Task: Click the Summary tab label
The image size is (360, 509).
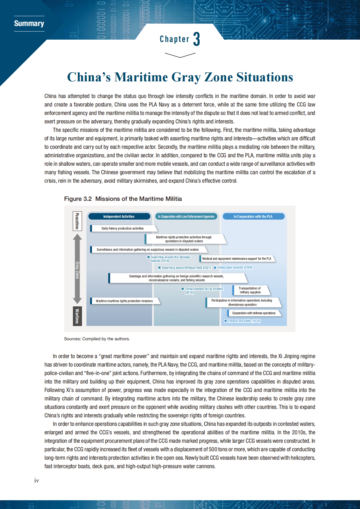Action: pyautogui.click(x=29, y=24)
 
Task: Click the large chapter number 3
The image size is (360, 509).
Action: pyautogui.click(x=197, y=39)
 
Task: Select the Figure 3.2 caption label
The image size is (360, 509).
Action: pyautogui.click(x=78, y=199)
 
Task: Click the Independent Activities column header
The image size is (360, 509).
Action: pyautogui.click(x=119, y=217)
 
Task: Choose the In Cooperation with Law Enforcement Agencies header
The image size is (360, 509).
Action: pyautogui.click(x=186, y=217)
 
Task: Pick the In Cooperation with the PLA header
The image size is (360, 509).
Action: pyautogui.click(x=253, y=217)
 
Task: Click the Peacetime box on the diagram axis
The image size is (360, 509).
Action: pyautogui.click(x=77, y=221)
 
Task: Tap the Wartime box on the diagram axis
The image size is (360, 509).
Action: pyautogui.click(x=77, y=316)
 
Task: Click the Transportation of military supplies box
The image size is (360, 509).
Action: pyautogui.click(x=250, y=290)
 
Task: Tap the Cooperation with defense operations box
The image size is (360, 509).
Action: pyautogui.click(x=254, y=313)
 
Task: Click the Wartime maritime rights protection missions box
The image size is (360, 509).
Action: pyautogui.click(x=124, y=301)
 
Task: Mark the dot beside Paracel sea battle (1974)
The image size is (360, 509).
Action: pyautogui.click(x=225, y=321)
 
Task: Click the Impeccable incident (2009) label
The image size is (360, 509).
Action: pyautogui.click(x=235, y=268)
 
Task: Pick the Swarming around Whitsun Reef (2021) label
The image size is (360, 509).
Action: pyautogui.click(x=186, y=268)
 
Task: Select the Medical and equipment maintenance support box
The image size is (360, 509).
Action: pyautogui.click(x=237, y=259)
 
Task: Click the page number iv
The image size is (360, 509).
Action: pyautogui.click(x=37, y=481)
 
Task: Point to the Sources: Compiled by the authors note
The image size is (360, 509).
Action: pyautogui.click(x=97, y=339)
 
